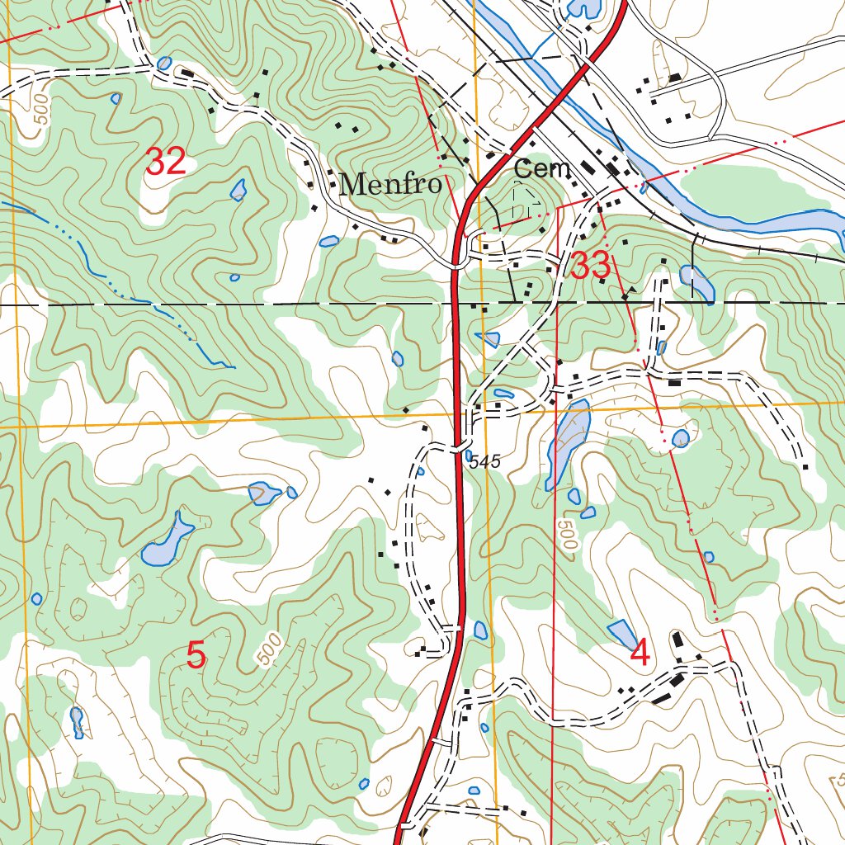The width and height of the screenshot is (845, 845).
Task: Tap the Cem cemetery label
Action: [542, 169]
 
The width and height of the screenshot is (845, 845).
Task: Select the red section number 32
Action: [166, 161]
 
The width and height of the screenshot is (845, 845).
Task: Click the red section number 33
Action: [592, 267]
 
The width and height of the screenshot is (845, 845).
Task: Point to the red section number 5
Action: [196, 656]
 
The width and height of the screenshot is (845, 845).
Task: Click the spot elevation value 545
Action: [485, 463]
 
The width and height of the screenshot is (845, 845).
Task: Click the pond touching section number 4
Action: [622, 633]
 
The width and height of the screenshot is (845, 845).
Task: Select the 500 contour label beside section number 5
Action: [267, 650]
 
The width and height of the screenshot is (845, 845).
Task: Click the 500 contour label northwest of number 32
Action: [42, 111]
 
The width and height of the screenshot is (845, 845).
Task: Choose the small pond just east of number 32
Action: [238, 191]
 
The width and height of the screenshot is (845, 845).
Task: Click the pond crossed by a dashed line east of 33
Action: [696, 282]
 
